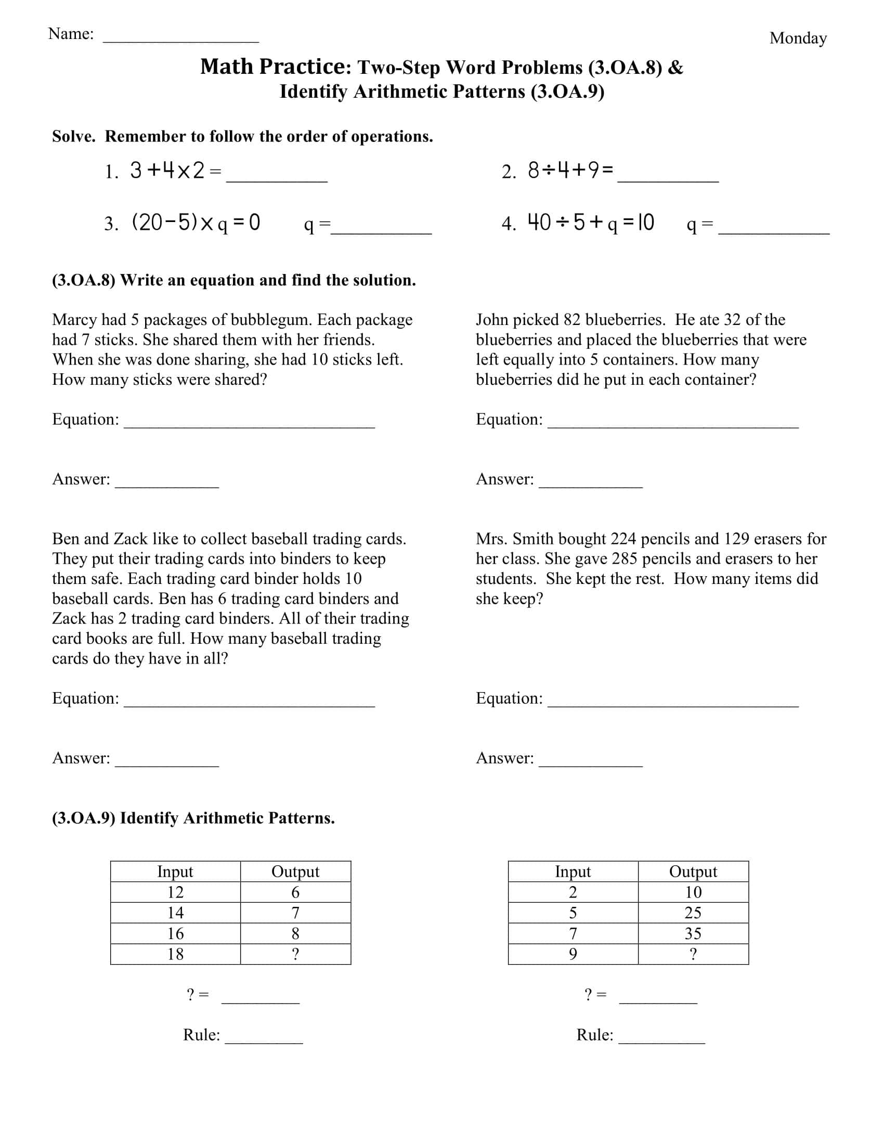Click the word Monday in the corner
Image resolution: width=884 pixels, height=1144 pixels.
(x=798, y=38)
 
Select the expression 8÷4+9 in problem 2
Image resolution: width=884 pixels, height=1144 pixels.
(x=570, y=171)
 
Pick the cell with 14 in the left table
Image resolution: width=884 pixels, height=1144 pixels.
(x=175, y=913)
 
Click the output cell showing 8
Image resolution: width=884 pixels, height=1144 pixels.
(x=295, y=933)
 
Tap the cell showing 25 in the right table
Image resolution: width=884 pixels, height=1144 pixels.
(x=693, y=913)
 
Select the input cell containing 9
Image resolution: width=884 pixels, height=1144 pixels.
(x=573, y=954)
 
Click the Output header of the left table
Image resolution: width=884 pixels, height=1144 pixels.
(x=295, y=871)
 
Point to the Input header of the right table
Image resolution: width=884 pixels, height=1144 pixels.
(x=573, y=871)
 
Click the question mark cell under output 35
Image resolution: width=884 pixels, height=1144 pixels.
(x=693, y=954)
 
